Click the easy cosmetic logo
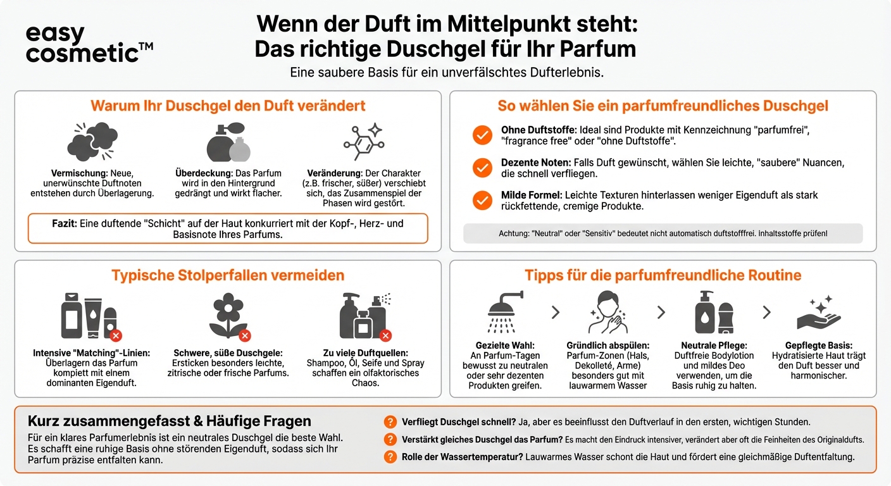tap(89, 44)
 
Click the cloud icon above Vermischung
tap(92, 141)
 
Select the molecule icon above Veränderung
tap(363, 141)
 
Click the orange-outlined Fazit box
tap(228, 229)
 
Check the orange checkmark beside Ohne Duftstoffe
tap(482, 135)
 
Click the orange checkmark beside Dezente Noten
tap(482, 168)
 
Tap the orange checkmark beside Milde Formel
tap(482, 201)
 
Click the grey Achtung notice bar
tap(663, 234)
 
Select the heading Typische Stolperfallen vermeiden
tap(228, 275)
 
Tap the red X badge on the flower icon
tap(245, 335)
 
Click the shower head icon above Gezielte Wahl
tap(506, 313)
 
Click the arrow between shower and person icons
tap(556, 312)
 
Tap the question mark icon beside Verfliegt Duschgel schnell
tap(390, 422)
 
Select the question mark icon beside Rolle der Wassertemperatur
tap(390, 457)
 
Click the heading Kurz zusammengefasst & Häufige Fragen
tap(170, 421)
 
